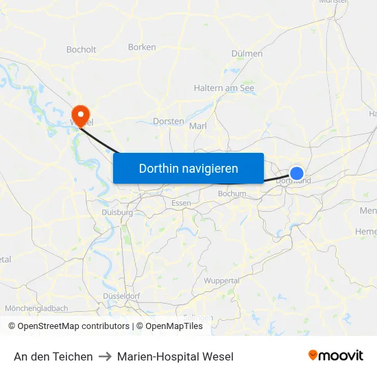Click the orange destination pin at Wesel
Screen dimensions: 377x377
pos(81,114)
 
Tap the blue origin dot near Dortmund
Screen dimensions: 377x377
pos(297,173)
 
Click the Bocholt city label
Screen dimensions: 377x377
pos(82,49)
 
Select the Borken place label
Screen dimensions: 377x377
pos(142,47)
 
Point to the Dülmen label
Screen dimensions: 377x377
pos(247,53)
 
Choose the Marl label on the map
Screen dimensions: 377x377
pos(197,126)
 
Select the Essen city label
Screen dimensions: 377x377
pos(182,203)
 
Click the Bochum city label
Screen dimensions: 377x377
pos(232,194)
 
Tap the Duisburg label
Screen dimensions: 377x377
pos(117,212)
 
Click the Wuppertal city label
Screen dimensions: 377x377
pos(221,281)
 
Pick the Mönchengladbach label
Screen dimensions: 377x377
pos(36,308)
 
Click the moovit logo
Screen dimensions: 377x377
pos(336,356)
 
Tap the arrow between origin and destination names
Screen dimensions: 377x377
pos(105,356)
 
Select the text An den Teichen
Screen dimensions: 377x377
pos(53,356)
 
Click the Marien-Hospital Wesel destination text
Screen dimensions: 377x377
pos(175,356)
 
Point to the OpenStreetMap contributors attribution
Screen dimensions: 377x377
pos(73,326)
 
